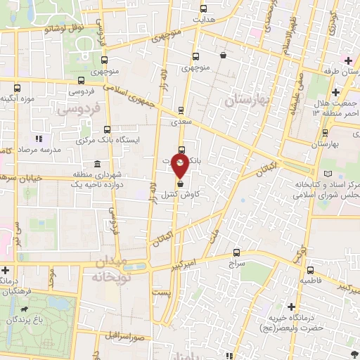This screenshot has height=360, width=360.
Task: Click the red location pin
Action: [180, 167]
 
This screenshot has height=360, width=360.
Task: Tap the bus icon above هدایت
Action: [204, 9]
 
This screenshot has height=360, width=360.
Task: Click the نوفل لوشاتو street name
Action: [64, 27]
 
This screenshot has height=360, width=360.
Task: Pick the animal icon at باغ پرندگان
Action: [25, 309]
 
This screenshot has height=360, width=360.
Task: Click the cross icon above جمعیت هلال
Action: [335, 92]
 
